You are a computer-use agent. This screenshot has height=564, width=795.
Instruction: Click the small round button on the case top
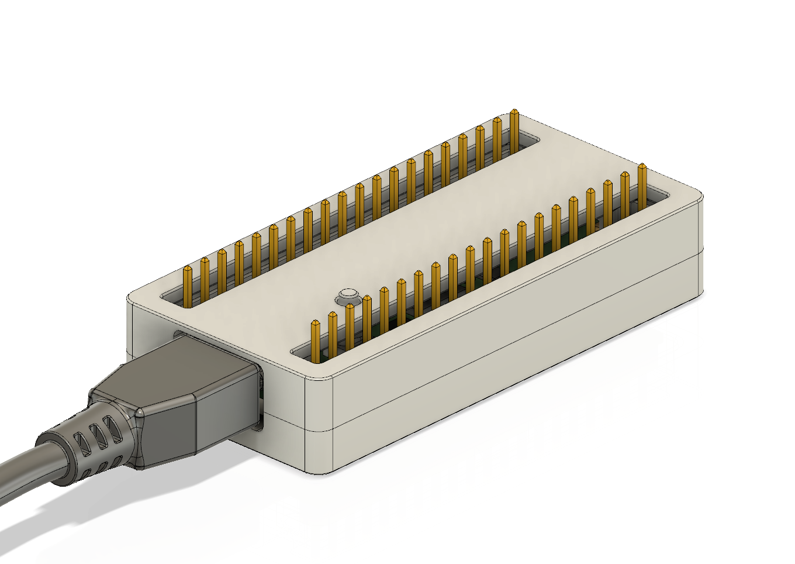point(347,294)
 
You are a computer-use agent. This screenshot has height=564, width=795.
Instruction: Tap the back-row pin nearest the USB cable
point(187,287)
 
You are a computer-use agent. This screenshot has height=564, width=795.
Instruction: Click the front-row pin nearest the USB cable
point(316,339)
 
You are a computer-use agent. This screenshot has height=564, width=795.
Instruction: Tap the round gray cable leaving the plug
point(23,468)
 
